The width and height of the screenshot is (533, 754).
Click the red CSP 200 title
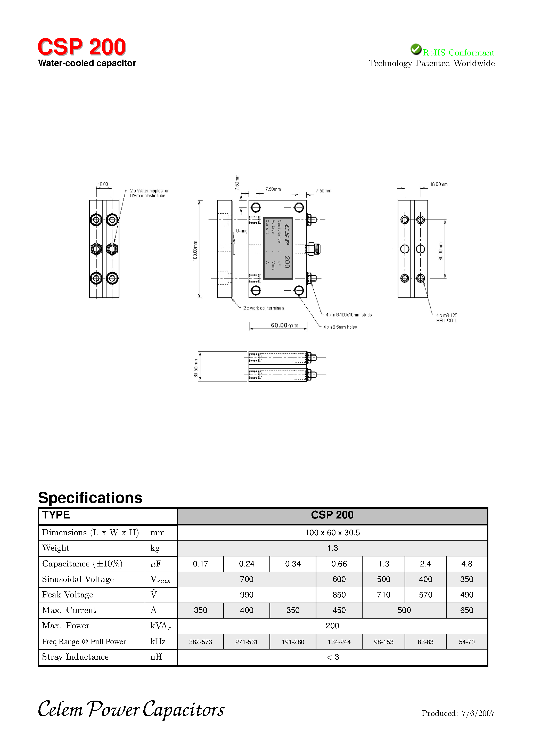pos(82,47)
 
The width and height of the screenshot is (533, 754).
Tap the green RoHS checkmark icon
pos(416,49)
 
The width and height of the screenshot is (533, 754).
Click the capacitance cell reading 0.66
pos(339,564)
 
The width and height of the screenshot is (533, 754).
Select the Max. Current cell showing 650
pos(466,610)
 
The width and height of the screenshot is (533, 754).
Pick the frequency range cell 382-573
pos(201,642)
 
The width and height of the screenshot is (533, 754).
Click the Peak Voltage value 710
pos(383,595)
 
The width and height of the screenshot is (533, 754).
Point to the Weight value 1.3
pos(332,548)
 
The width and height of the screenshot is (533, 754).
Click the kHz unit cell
pos(158,641)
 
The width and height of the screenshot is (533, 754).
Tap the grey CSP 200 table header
pos(332,515)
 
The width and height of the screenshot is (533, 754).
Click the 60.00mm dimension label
pos(285,325)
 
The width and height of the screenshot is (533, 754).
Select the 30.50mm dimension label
pos(196,368)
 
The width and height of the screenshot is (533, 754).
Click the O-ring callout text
pos(242,231)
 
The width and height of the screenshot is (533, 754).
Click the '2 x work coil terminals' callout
pos(264,308)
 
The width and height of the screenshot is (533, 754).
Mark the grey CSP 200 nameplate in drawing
pos(278,248)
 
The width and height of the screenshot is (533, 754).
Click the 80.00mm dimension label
pos(440,251)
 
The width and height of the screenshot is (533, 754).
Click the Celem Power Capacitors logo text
pos(131,710)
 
